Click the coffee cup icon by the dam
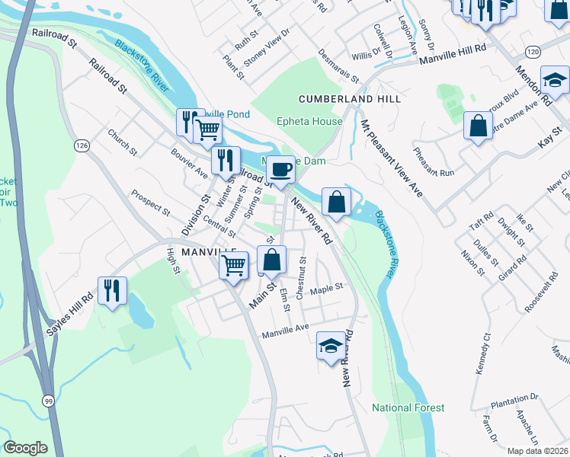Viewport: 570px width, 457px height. (x=280, y=169)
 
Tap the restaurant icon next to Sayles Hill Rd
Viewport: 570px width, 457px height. (x=112, y=290)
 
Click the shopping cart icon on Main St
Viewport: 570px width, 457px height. (x=234, y=266)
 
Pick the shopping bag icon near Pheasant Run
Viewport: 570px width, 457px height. (x=478, y=126)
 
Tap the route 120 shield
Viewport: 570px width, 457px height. (x=532, y=51)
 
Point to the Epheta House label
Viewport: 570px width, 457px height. (x=309, y=121)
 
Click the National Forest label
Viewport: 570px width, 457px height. (x=408, y=407)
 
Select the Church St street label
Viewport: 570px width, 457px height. (x=122, y=142)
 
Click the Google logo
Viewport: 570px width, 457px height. (x=26, y=448)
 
